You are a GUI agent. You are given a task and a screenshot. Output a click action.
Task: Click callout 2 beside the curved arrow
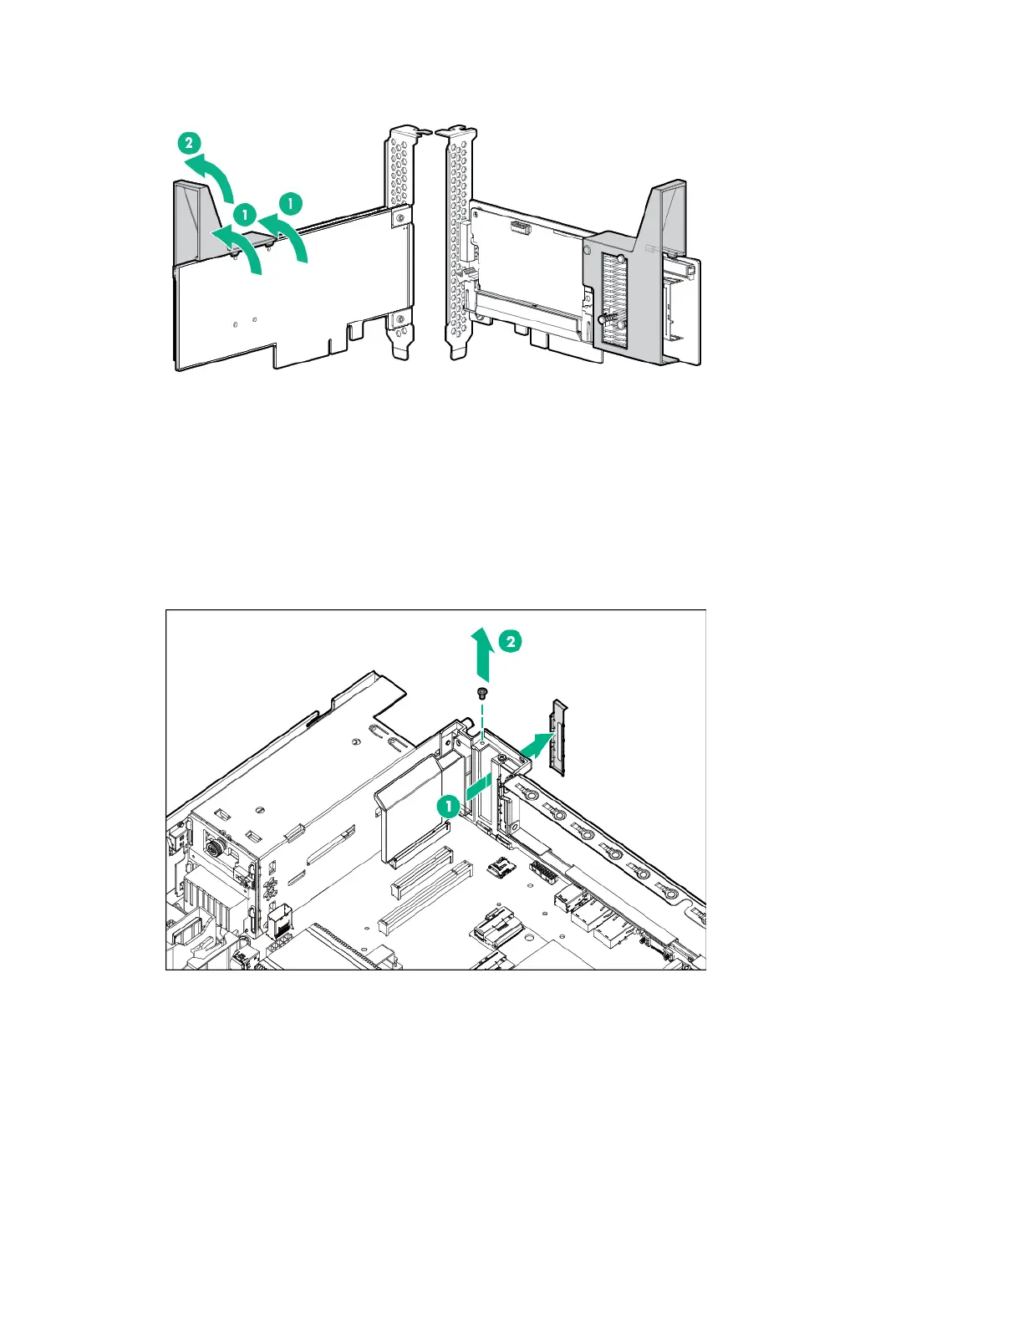click(x=190, y=142)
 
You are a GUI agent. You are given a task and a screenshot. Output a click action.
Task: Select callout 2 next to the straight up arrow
click(x=511, y=641)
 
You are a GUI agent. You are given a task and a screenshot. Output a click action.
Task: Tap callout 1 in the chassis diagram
click(x=449, y=807)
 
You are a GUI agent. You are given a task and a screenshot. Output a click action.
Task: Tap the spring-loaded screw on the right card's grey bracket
click(x=604, y=318)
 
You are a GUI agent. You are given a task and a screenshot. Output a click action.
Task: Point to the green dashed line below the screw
click(x=482, y=719)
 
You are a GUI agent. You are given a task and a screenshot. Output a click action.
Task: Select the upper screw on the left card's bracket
click(x=401, y=218)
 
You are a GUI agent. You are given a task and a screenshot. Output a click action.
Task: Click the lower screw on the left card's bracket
click(x=401, y=320)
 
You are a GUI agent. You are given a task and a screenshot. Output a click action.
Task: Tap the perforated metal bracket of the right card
click(x=456, y=242)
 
